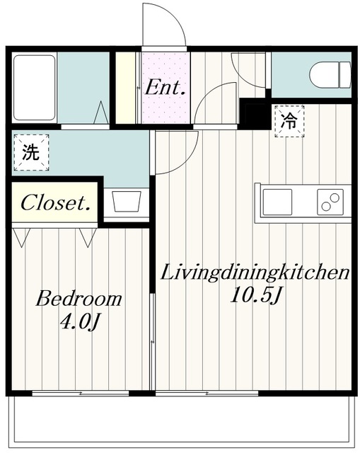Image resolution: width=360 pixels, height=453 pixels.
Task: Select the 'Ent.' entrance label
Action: [165, 89]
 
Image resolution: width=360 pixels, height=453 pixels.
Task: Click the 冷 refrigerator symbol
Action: [289, 121]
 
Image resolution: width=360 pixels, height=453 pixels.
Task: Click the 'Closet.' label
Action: [56, 204]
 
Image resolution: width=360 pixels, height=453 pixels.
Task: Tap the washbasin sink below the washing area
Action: [127, 202]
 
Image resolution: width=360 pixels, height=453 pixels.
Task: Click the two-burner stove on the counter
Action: [329, 202]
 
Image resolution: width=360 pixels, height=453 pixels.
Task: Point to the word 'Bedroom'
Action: [79, 299]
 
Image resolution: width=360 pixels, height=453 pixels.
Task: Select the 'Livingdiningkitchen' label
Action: [254, 273]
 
